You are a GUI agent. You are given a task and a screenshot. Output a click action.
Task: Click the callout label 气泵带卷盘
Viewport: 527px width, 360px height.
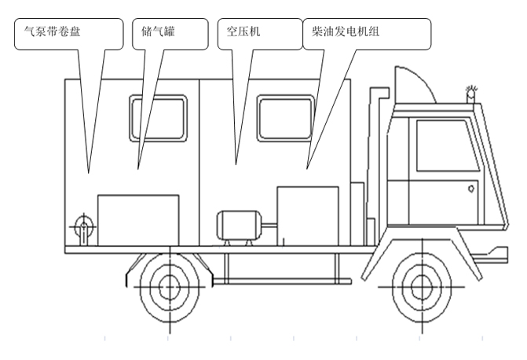coord(52,31)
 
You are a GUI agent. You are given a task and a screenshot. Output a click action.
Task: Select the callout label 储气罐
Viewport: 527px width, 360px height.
coord(158,31)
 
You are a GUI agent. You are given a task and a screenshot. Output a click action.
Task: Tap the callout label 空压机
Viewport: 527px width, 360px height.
coord(243,31)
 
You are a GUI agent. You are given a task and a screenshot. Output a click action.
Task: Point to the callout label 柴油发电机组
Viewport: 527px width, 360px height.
coord(346,31)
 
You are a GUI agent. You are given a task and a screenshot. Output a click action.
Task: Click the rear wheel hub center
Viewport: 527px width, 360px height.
coord(170,287)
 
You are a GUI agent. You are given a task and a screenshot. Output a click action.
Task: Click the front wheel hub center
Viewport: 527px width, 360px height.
coord(422,287)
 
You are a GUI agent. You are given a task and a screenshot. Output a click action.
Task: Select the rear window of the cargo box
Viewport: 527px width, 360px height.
coord(158,118)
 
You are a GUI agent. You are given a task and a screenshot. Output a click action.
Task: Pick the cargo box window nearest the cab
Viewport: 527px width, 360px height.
coord(286,118)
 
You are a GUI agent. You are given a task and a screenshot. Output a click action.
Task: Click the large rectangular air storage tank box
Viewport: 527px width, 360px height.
coord(138,220)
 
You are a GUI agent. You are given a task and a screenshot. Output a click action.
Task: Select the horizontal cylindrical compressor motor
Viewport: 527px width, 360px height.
coord(239,226)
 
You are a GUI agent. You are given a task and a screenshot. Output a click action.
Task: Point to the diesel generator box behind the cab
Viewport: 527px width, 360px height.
coord(308,216)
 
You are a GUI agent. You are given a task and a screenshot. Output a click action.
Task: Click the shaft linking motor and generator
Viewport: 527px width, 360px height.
coord(269,225)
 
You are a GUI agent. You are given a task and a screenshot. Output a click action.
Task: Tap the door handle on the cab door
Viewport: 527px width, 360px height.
coord(471,189)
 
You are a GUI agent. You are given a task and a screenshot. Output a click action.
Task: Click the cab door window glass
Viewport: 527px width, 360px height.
coord(448,145)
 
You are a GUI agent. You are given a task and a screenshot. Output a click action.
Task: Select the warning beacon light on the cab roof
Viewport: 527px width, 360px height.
coord(471,94)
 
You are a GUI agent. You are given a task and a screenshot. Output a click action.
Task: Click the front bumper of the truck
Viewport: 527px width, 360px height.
coord(496,255)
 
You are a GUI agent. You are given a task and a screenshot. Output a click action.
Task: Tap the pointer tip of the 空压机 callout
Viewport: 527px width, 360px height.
coord(236,165)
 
